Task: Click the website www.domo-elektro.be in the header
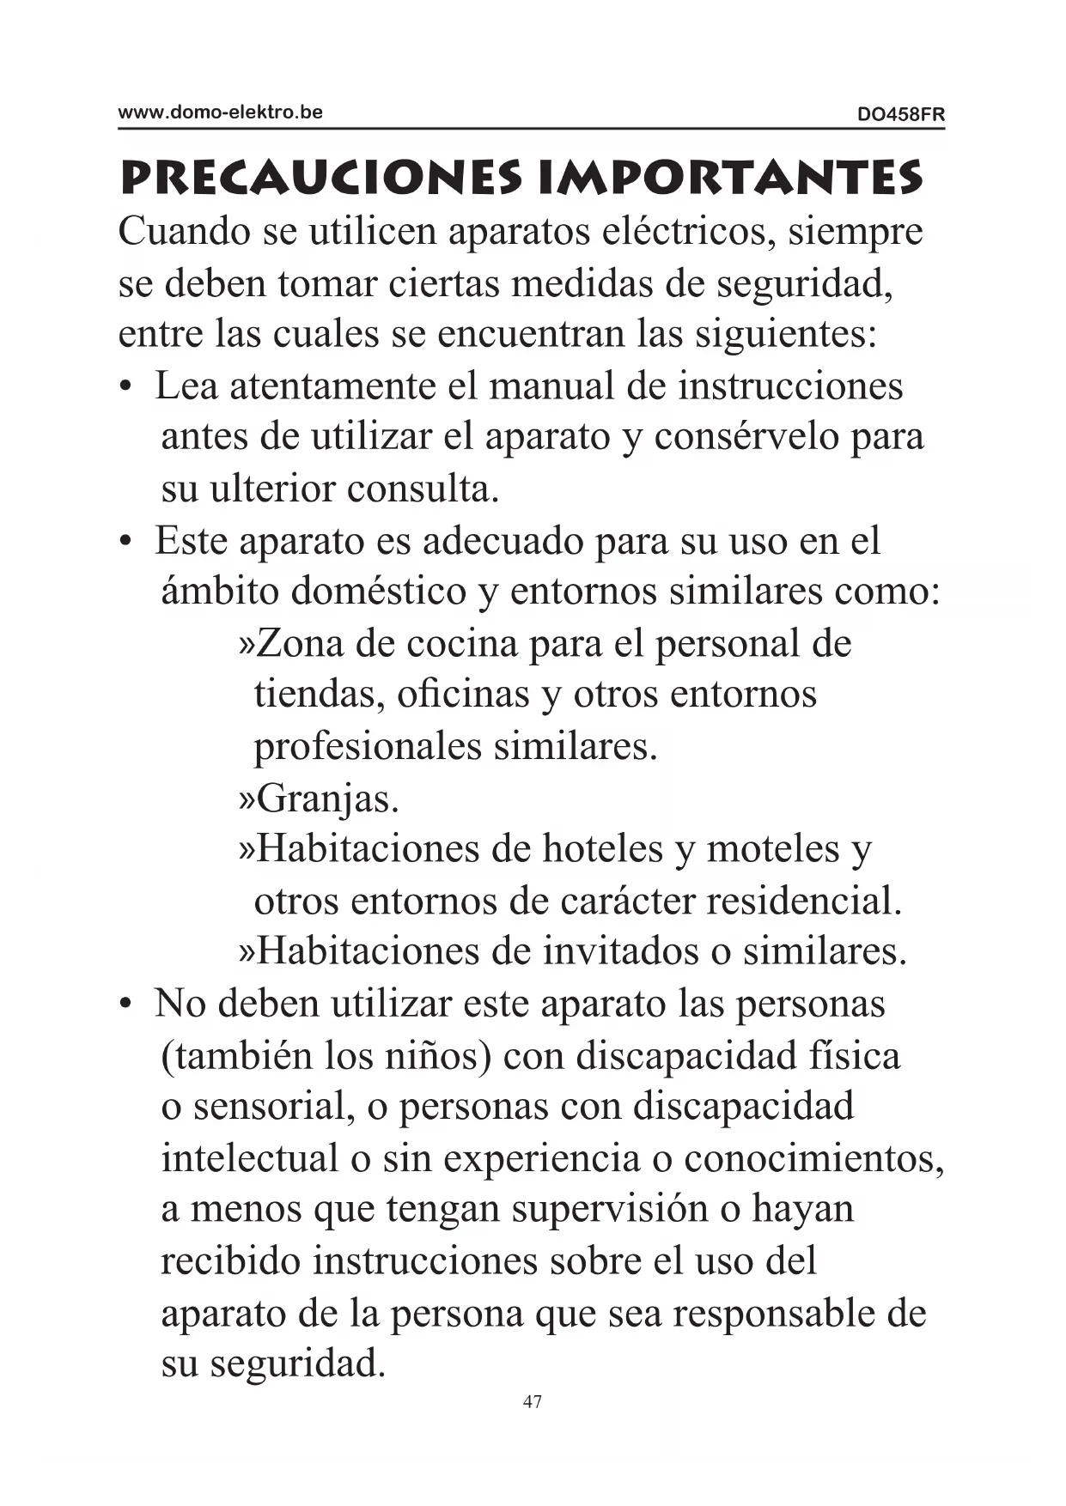(x=220, y=112)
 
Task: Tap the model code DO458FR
(x=901, y=114)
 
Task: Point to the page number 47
(x=533, y=1402)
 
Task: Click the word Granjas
(x=327, y=799)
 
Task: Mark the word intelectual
(x=250, y=1159)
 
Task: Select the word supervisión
(x=610, y=1211)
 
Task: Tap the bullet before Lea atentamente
(x=125, y=387)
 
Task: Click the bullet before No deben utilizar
(x=125, y=1005)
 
